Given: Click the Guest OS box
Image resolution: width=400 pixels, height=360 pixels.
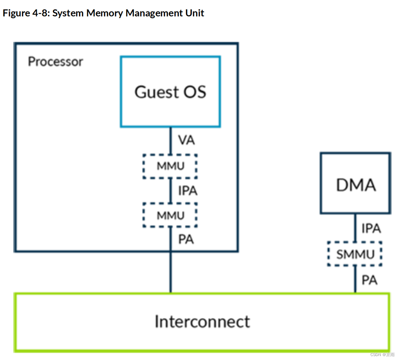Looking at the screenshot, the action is click(170, 92).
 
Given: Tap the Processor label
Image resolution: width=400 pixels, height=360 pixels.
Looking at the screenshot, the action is click(55, 62).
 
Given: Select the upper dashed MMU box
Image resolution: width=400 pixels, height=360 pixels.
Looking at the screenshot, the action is click(170, 166).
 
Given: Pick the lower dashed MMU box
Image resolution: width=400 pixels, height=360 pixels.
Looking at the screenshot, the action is click(170, 215).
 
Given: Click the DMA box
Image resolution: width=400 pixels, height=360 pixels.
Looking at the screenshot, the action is click(355, 183).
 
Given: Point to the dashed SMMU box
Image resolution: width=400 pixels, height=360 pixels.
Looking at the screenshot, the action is click(355, 254).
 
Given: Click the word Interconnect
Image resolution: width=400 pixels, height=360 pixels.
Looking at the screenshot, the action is click(202, 322).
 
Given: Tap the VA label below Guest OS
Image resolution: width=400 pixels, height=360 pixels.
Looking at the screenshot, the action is click(187, 140).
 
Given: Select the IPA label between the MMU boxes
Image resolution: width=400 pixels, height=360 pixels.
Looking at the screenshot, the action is click(188, 191).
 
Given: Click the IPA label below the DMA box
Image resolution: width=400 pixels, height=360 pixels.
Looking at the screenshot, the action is click(371, 228).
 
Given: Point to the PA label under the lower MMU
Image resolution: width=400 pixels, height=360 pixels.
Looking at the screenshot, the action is click(186, 240).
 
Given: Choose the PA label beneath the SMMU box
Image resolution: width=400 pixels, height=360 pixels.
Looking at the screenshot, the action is click(369, 280).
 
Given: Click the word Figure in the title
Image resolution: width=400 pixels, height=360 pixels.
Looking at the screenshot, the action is click(16, 13).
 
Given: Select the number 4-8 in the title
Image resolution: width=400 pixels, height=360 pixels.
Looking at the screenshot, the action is click(41, 13).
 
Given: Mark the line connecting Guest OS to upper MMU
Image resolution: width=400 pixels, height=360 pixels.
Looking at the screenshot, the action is click(171, 141).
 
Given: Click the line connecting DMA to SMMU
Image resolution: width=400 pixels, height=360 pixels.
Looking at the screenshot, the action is click(355, 227).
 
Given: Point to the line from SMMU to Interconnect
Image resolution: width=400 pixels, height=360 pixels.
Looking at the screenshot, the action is click(355, 279).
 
